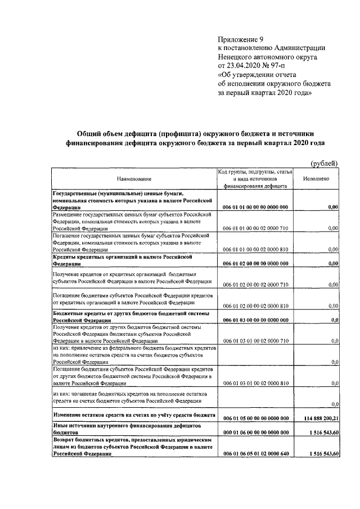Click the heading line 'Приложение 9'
240,39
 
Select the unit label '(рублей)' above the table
325,163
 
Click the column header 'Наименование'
134,178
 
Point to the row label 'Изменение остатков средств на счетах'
107,416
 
